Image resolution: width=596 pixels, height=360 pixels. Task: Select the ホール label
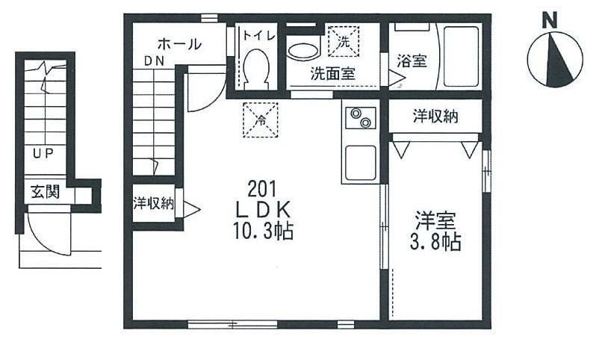[x=179, y=45]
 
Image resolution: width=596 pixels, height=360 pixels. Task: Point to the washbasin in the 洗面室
[x=304, y=52]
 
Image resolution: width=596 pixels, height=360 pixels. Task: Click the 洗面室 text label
[x=332, y=74]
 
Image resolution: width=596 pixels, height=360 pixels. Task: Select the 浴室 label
[x=412, y=61]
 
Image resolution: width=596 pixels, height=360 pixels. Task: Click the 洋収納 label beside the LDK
[x=154, y=202]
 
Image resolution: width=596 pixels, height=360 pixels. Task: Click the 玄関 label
[x=45, y=193]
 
